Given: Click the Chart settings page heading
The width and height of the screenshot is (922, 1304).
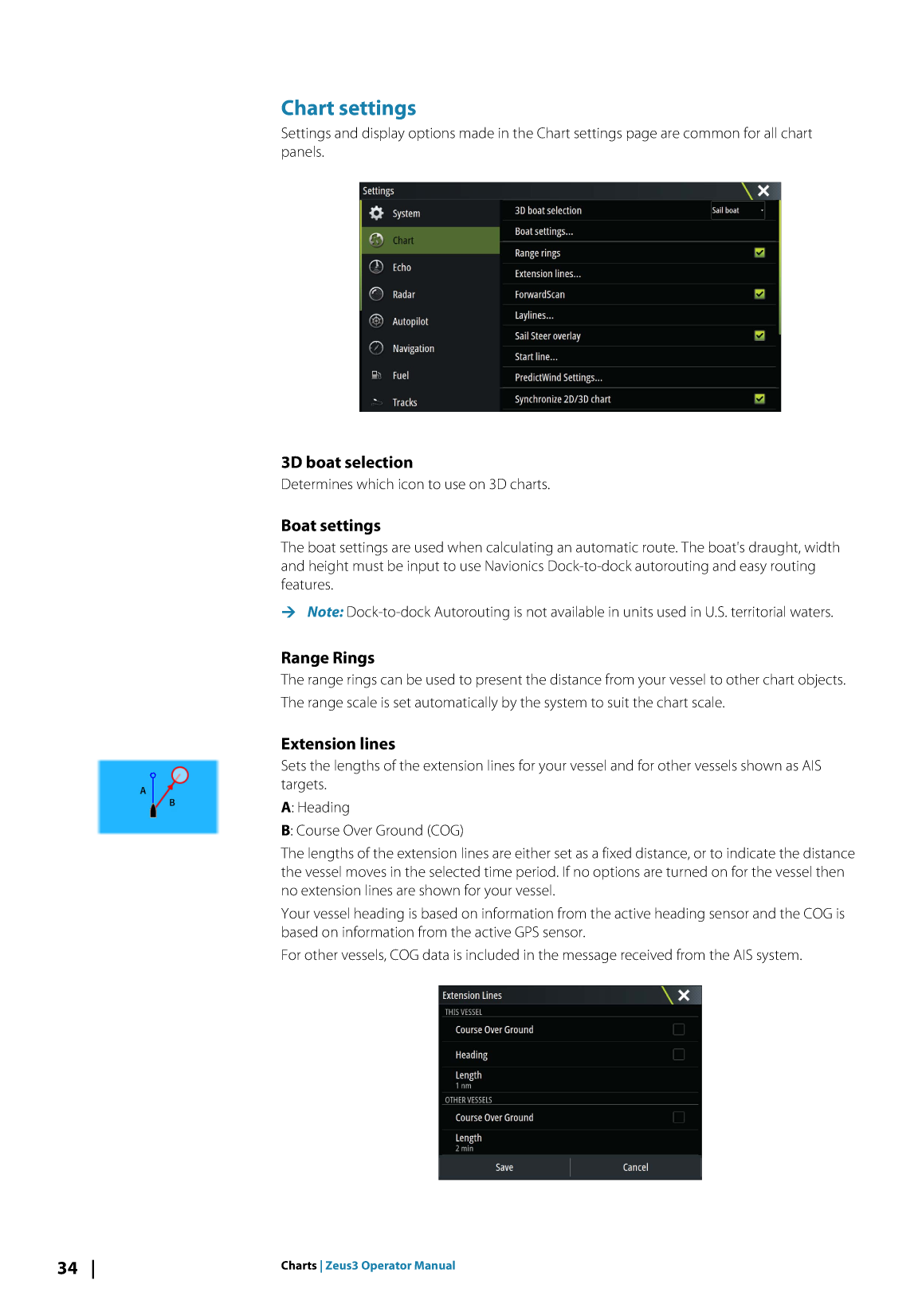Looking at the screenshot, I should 348,108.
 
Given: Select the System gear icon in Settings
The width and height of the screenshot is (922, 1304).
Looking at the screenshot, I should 377,213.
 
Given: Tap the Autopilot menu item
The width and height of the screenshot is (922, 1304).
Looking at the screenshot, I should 410,322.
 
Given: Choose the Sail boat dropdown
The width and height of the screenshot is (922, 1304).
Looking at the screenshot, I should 737,210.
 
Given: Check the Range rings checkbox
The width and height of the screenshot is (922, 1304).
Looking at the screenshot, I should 759,253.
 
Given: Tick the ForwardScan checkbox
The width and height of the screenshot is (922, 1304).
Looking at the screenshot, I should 759,294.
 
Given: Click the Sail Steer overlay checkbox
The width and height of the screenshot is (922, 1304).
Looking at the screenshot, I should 759,335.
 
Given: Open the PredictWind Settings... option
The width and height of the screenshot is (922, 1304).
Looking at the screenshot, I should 558,378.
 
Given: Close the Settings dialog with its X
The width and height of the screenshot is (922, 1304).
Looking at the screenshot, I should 763,190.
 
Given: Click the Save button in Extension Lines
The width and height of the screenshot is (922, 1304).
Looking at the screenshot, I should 504,1168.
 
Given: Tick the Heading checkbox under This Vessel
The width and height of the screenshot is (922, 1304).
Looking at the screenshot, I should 679,1055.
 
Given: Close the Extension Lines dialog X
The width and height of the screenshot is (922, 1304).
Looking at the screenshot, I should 684,996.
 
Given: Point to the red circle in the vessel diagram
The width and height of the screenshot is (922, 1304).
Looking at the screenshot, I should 180,775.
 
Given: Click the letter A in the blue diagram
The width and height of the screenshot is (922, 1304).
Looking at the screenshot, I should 143,791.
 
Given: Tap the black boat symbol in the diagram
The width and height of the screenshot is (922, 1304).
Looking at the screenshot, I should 153,811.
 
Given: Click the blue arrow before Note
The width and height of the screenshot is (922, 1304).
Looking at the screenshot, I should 288,612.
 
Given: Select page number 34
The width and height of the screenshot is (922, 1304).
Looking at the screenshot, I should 67,1268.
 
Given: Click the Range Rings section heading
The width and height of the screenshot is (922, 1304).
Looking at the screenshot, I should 328,658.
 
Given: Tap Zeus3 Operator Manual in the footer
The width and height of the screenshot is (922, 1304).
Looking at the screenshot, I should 390,1266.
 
